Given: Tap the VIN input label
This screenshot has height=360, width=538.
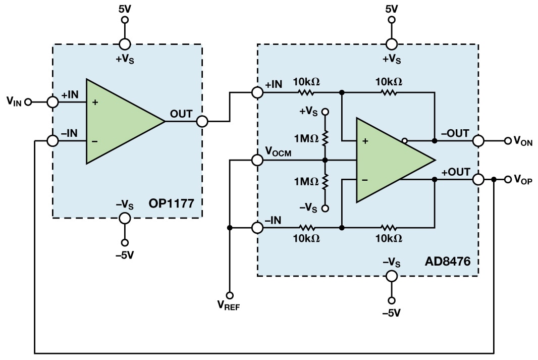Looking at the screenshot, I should [14, 101].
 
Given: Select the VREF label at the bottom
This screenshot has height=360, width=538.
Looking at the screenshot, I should [229, 304].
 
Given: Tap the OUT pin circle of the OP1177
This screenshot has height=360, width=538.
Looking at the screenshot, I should [202, 121].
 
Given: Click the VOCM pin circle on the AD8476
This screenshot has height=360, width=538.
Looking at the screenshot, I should [257, 161].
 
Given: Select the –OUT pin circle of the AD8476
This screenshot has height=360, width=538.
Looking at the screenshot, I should [477, 141].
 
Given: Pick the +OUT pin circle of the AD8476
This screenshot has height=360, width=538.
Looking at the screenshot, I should [477, 179].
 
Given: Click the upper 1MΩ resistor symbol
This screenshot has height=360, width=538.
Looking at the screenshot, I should [326, 137].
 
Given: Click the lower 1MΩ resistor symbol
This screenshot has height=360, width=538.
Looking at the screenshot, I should [326, 181].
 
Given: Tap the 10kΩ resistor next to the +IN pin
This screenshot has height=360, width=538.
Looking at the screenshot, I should [306, 92].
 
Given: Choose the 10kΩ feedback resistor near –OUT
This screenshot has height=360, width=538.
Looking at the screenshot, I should [389, 92].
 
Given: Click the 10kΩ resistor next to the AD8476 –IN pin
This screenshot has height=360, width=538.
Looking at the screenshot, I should [306, 228].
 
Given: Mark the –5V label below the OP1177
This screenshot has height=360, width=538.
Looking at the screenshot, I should [124, 255].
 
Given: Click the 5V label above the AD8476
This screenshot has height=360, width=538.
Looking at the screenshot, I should [391, 9].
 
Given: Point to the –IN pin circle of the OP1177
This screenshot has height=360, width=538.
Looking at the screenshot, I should [52, 141].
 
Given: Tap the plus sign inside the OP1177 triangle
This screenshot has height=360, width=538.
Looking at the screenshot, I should [95, 102].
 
